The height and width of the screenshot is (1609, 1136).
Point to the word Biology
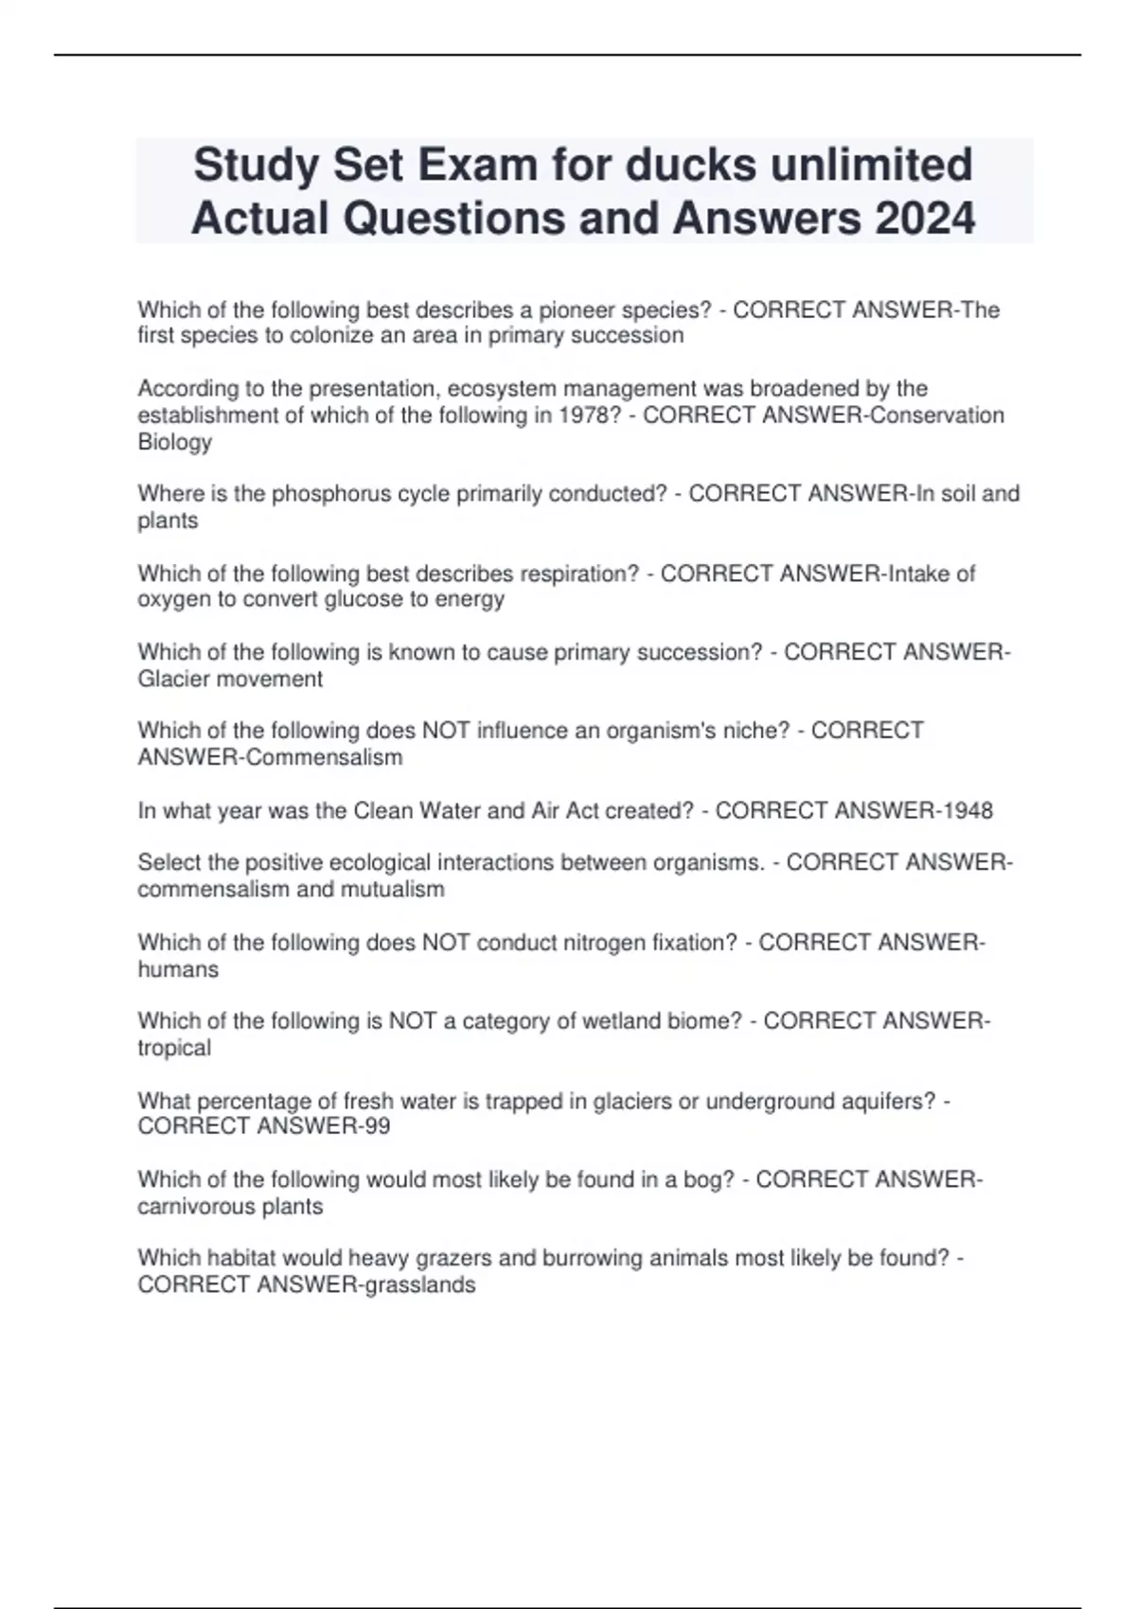pos(175,442)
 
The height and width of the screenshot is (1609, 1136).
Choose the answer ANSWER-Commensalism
pos(270,757)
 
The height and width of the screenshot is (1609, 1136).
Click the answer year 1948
pos(963,811)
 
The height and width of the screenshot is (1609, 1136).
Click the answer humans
pos(178,969)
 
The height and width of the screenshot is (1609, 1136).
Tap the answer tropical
pos(174,1048)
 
